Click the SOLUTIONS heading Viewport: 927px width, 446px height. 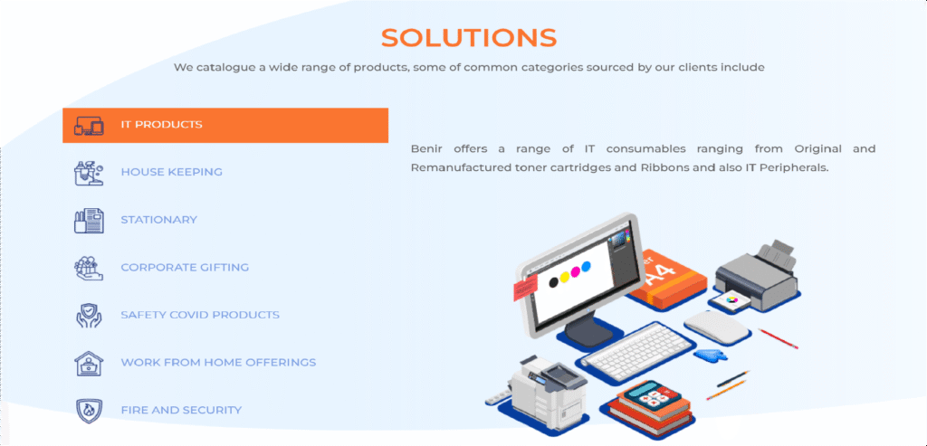(x=469, y=38)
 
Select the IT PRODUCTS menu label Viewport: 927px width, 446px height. (x=161, y=125)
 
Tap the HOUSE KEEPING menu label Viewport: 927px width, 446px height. (x=171, y=172)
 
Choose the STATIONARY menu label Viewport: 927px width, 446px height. (x=159, y=220)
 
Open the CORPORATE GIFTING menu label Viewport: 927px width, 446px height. (x=185, y=267)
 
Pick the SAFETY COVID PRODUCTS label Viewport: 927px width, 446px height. (x=200, y=315)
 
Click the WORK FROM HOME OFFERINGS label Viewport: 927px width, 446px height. (x=218, y=362)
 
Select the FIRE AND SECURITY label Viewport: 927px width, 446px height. (x=181, y=410)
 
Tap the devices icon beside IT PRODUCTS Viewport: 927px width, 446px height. (x=89, y=125)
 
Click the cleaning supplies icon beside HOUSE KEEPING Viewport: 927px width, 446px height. (x=89, y=173)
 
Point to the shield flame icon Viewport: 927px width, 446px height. (x=89, y=410)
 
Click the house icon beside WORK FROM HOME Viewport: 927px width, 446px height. (x=89, y=362)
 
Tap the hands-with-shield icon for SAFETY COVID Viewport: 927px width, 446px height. (x=89, y=315)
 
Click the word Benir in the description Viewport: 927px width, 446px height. (x=425, y=148)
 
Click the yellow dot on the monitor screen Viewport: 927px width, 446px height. (x=565, y=277)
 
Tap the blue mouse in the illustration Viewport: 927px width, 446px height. (x=712, y=355)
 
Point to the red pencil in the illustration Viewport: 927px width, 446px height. (x=778, y=338)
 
